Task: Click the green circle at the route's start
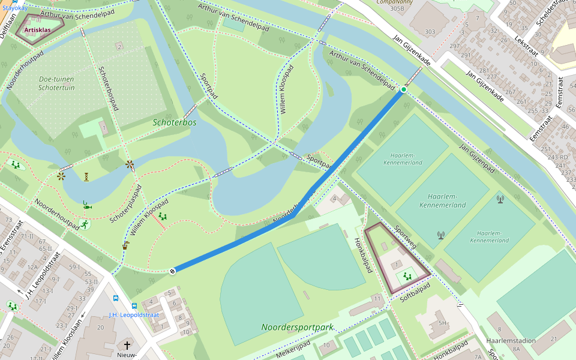[x=404, y=89]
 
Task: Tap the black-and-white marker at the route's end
[x=172, y=271]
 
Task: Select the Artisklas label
[x=38, y=29]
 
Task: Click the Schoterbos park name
[x=175, y=122]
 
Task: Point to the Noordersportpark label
[x=297, y=328]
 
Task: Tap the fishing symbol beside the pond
[x=88, y=206]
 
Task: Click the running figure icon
[x=83, y=224]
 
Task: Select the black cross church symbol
[x=127, y=346]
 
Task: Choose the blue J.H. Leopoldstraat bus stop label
[x=134, y=314]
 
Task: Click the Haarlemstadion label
[x=511, y=341]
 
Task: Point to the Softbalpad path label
[x=415, y=289]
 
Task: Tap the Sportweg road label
[x=406, y=237]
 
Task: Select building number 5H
[x=443, y=323]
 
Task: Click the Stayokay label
[x=14, y=8]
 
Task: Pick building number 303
[x=430, y=32]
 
